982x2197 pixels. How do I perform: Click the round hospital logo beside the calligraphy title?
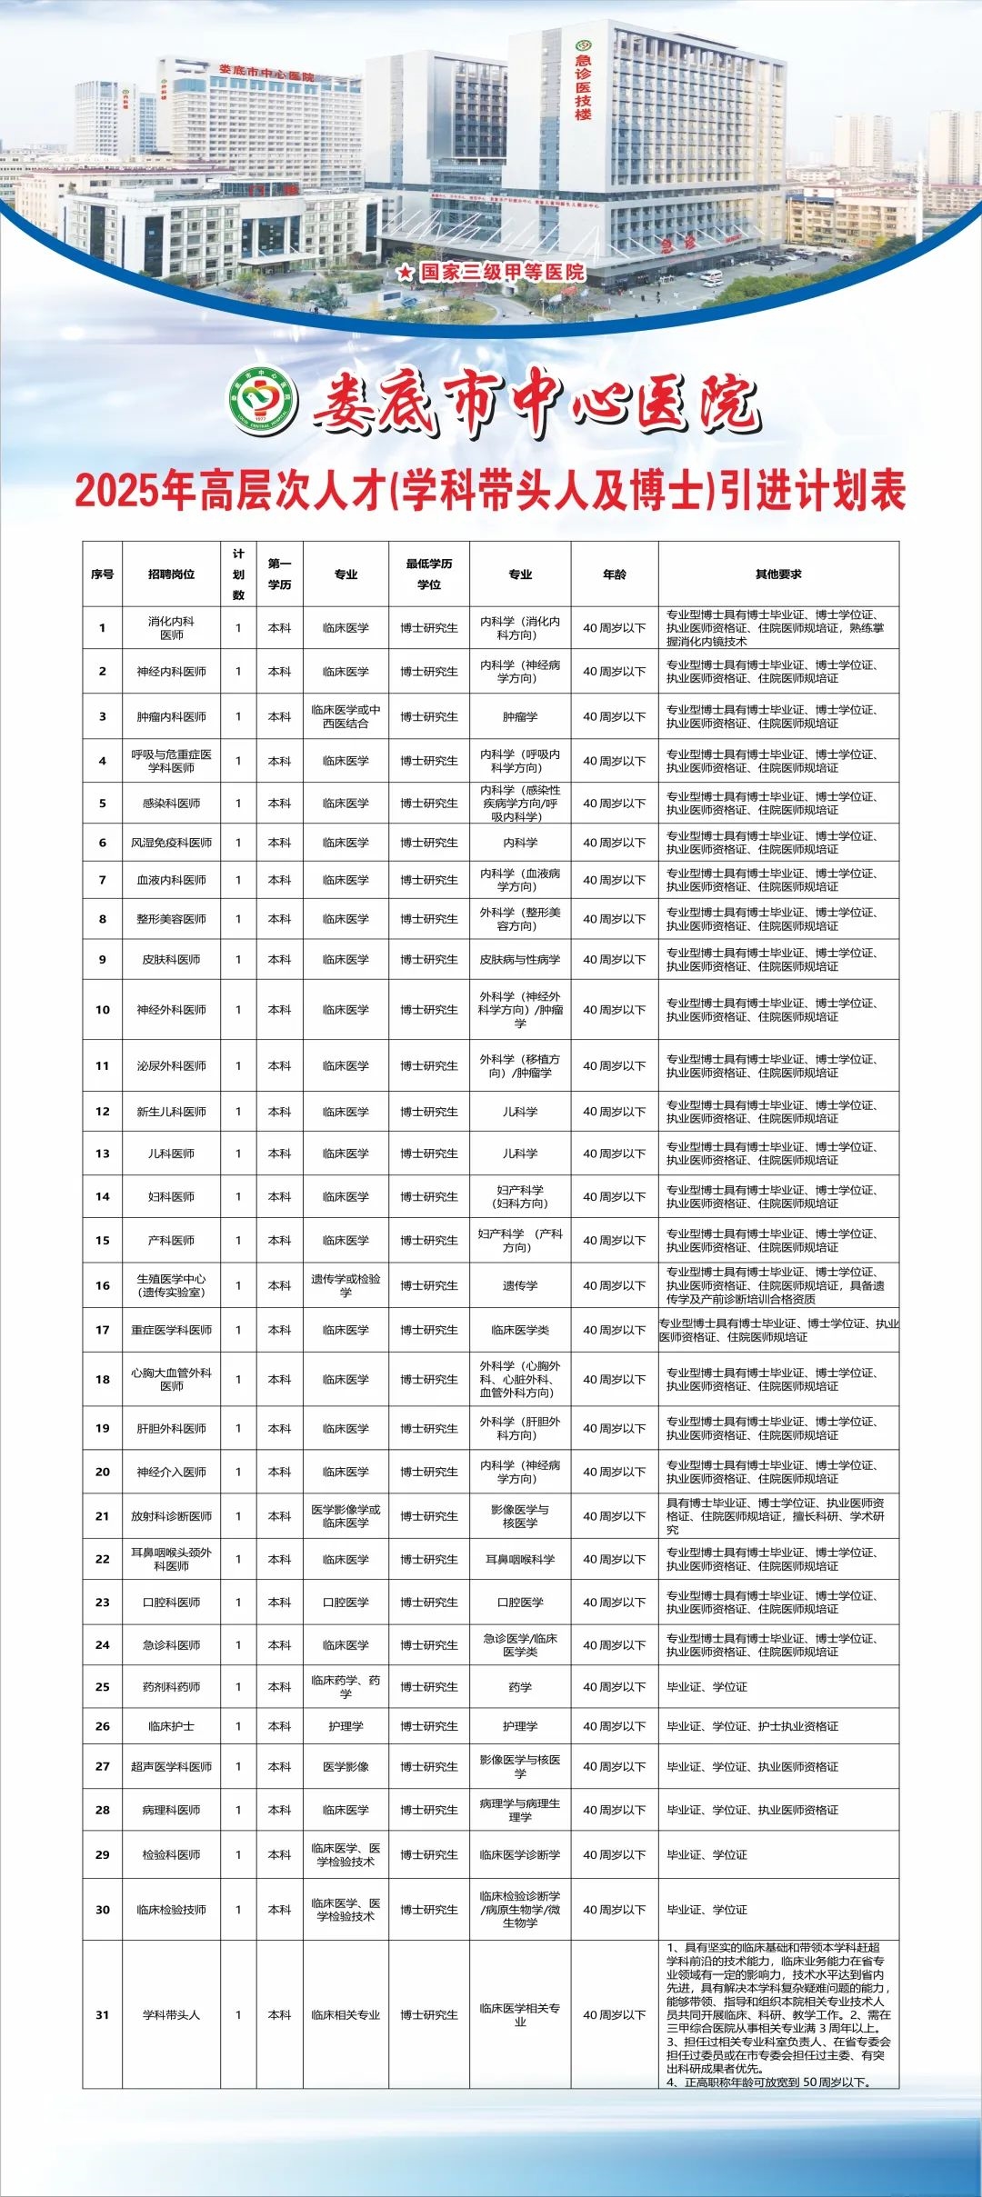[x=263, y=401]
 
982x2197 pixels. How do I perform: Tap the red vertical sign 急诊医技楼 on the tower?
[x=583, y=85]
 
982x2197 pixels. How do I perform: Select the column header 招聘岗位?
[x=171, y=574]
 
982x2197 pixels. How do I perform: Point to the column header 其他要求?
[x=778, y=574]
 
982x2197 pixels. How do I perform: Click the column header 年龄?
[x=614, y=574]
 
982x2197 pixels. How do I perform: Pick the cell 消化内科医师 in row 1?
[x=171, y=628]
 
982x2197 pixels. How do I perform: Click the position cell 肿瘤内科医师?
[x=171, y=717]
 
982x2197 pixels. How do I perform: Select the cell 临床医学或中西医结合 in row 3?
[x=346, y=717]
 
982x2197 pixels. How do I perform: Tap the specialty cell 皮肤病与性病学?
[x=520, y=960]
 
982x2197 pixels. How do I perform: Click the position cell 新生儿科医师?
[x=171, y=1112]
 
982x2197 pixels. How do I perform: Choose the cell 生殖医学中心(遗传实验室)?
[x=171, y=1285]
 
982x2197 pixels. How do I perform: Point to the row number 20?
[x=103, y=1472]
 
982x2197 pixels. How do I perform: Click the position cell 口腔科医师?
[x=171, y=1603]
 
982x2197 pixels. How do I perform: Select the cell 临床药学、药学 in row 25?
[x=346, y=1687]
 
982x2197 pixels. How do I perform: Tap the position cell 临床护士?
[x=171, y=1726]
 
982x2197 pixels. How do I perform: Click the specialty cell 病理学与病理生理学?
[x=520, y=1810]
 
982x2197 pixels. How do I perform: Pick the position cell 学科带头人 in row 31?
[x=171, y=2015]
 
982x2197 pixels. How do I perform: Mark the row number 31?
[x=103, y=2015]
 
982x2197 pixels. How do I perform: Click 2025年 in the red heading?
[x=135, y=492]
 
